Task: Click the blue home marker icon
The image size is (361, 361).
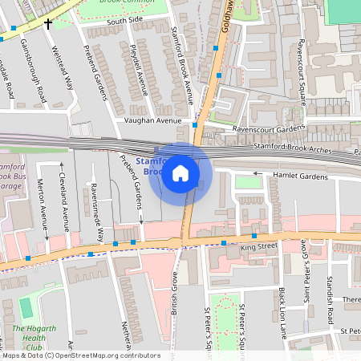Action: (x=180, y=172)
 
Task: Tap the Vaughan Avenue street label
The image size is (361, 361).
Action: (x=153, y=120)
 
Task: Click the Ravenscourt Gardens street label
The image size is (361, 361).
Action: (x=269, y=128)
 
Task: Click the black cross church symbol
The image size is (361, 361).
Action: (x=48, y=24)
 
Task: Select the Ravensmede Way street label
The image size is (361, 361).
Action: (x=98, y=212)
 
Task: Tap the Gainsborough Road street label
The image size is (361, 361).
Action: (x=34, y=72)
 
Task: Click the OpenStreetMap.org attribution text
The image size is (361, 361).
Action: (x=108, y=355)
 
